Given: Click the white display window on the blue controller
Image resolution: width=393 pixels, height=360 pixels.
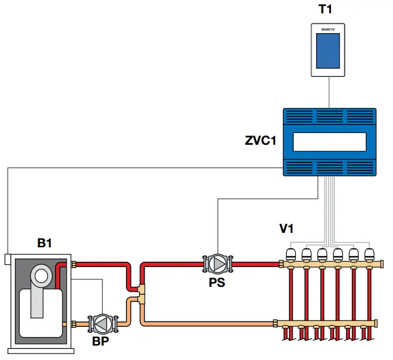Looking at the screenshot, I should pos(329,141).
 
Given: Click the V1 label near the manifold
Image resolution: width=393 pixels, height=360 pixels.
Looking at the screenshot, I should pos(287,228).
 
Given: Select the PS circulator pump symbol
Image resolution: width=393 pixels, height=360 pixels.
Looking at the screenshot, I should pos(217,264).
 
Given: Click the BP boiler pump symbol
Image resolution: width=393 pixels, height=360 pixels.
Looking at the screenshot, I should pos(101,323).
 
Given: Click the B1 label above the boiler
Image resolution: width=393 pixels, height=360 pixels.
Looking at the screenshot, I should pos(44,243).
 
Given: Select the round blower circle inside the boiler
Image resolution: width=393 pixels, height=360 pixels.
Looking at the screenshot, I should pos(41,276).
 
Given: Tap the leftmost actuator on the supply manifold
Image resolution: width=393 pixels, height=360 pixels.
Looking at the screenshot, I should pos(292,253).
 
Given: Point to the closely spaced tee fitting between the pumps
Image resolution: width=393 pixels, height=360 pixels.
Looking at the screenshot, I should pos(140,293).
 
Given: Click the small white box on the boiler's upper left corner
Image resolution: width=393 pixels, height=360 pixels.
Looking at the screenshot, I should pos(7,259).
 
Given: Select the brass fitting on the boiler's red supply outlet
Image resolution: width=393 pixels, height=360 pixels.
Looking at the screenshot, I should pos(74,264).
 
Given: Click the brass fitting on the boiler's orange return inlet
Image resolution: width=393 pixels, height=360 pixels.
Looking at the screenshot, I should pos(74,323).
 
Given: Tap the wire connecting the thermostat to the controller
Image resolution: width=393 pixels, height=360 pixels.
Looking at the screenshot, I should pos(328,92).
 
